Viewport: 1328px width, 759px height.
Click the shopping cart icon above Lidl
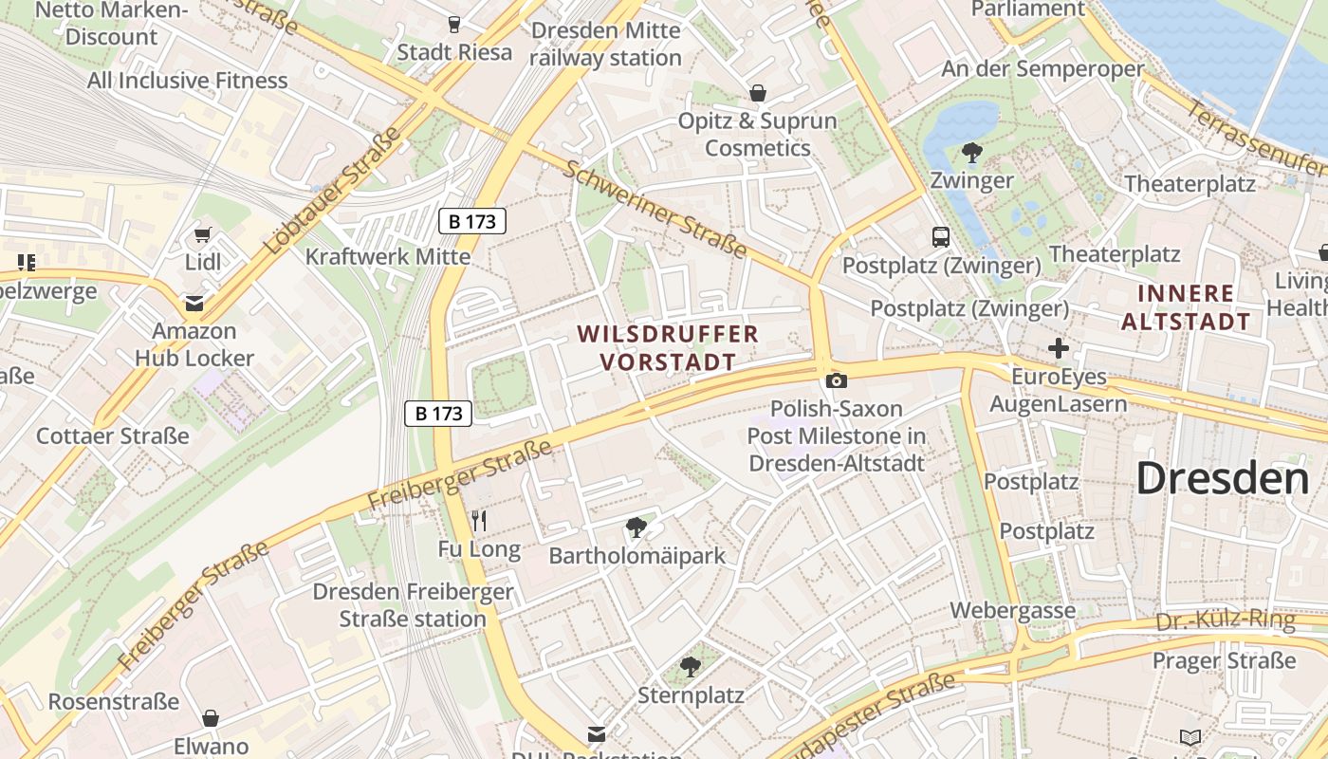(x=202, y=234)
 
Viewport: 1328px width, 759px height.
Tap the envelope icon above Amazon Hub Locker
(x=194, y=304)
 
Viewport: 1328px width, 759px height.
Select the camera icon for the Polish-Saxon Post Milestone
(x=836, y=380)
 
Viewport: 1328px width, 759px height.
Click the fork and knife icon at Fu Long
(x=479, y=520)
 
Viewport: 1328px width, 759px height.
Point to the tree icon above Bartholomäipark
(x=636, y=527)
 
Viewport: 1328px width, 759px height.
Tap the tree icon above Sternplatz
(x=691, y=667)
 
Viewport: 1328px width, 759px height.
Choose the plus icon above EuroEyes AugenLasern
(x=1059, y=348)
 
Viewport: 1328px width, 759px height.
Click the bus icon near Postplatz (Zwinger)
(x=941, y=237)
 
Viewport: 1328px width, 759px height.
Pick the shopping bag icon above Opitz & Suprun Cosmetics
(x=758, y=93)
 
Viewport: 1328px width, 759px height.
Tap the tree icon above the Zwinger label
(x=971, y=152)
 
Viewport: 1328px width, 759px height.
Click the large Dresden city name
(x=1222, y=478)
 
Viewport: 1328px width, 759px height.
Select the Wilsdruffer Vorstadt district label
(x=668, y=347)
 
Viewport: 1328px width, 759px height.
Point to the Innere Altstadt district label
(x=1186, y=307)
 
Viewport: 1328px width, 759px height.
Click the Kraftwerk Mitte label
(x=387, y=256)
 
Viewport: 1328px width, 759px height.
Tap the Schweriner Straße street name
(x=654, y=209)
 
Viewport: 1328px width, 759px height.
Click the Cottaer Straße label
(x=113, y=436)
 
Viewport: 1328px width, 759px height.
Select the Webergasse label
(x=1013, y=610)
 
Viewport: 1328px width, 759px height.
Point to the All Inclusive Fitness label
(x=188, y=81)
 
